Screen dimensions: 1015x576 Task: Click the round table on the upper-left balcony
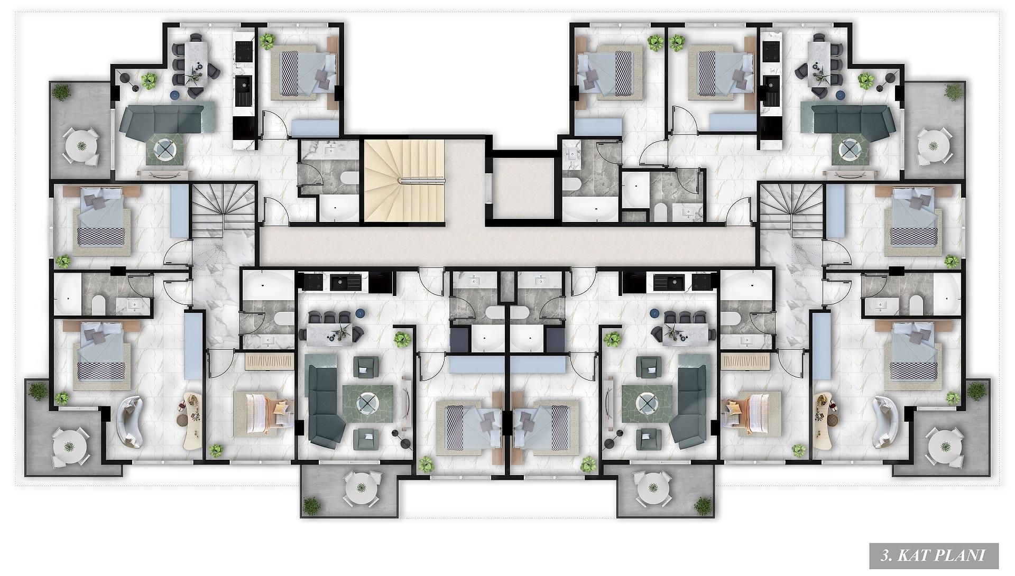point(81,144)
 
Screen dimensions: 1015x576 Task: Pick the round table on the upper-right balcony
point(933,144)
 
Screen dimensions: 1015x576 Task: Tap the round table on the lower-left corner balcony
point(69,446)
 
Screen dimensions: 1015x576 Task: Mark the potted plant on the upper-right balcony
point(952,92)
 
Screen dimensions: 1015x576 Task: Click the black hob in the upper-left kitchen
point(245,51)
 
